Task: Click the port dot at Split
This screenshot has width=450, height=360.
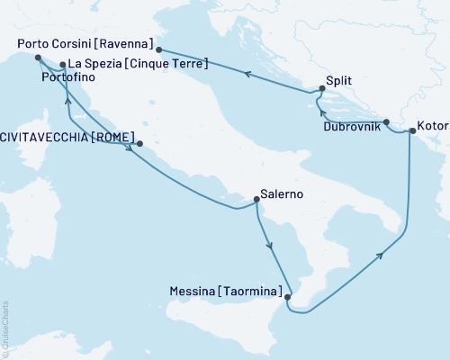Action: tap(321, 88)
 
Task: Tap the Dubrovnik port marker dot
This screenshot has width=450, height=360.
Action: tap(386, 121)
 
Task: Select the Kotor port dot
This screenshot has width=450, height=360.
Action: tap(412, 131)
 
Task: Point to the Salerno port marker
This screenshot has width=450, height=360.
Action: tap(256, 202)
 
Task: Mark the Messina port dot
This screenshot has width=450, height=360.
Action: tap(286, 296)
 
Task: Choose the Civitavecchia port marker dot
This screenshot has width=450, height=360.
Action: tap(138, 142)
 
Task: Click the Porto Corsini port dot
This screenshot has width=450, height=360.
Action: tap(158, 50)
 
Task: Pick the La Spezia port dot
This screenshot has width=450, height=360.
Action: tap(62, 65)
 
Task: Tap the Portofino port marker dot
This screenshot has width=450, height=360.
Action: tap(38, 58)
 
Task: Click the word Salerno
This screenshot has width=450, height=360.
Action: tap(281, 193)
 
